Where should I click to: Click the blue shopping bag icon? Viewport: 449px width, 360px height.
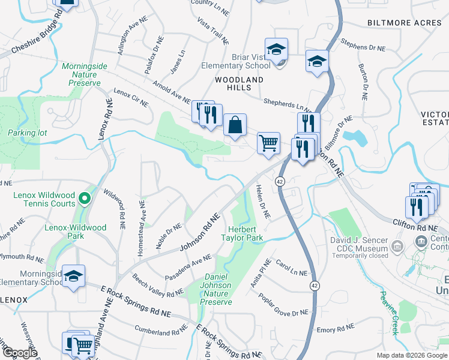pyautogui.click(x=235, y=125)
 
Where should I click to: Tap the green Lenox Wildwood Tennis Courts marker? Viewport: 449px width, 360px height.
pyautogui.click(x=85, y=197)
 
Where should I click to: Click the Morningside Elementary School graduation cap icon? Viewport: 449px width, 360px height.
pyautogui.click(x=74, y=276)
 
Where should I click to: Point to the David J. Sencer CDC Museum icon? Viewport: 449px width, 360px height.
pyautogui.click(x=397, y=246)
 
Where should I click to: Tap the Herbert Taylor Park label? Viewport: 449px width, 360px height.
pyautogui.click(x=247, y=233)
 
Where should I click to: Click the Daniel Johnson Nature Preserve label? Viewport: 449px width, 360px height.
pyautogui.click(x=215, y=289)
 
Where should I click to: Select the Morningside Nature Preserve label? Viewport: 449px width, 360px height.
pyautogui.click(x=81, y=74)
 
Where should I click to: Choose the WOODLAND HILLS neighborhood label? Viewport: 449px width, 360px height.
pyautogui.click(x=240, y=83)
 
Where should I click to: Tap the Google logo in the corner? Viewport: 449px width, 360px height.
pyautogui.click(x=19, y=353)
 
